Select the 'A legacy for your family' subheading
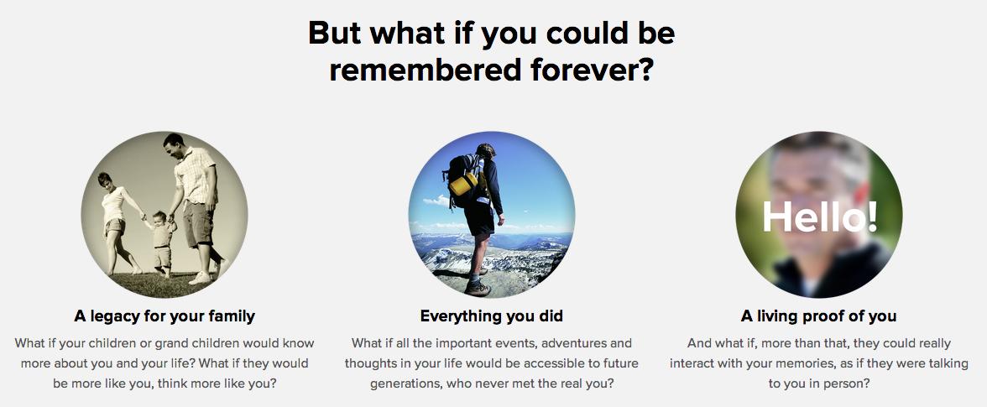click(x=164, y=316)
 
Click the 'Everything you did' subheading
click(x=492, y=316)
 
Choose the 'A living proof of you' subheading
click(x=818, y=316)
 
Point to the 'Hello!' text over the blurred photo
click(x=819, y=217)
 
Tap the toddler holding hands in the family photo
click(x=161, y=243)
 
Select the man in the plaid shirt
click(x=196, y=207)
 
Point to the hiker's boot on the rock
click(x=477, y=288)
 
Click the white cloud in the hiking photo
click(x=437, y=201)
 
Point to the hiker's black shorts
click(x=480, y=217)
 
